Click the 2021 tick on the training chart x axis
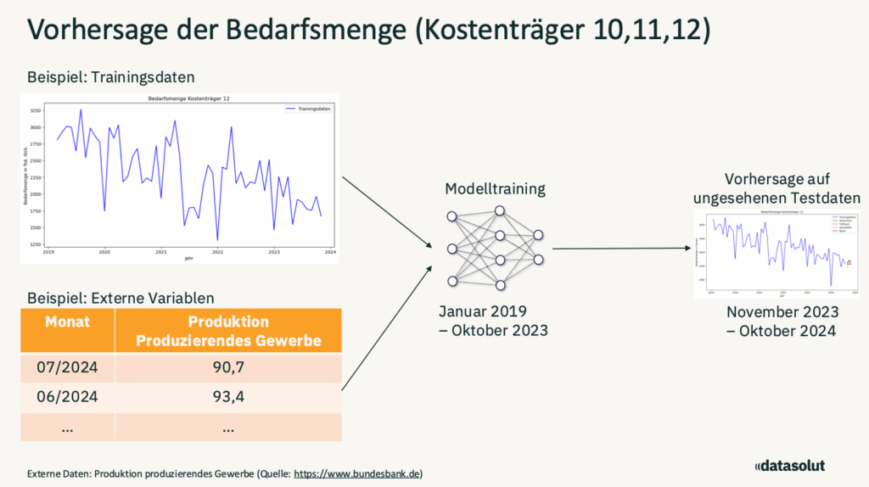tap(161, 252)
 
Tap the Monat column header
tap(67, 322)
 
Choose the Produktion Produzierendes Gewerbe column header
tap(227, 331)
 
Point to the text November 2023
tap(782, 312)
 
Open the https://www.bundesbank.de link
tap(357, 473)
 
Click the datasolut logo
tap(789, 465)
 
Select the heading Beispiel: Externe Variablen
tap(121, 298)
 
